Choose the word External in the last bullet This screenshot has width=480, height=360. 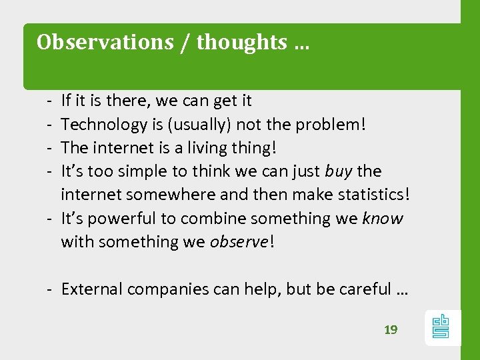coord(92,289)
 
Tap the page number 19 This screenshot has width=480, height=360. coord(391,329)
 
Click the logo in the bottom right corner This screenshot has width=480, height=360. coord(441,327)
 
